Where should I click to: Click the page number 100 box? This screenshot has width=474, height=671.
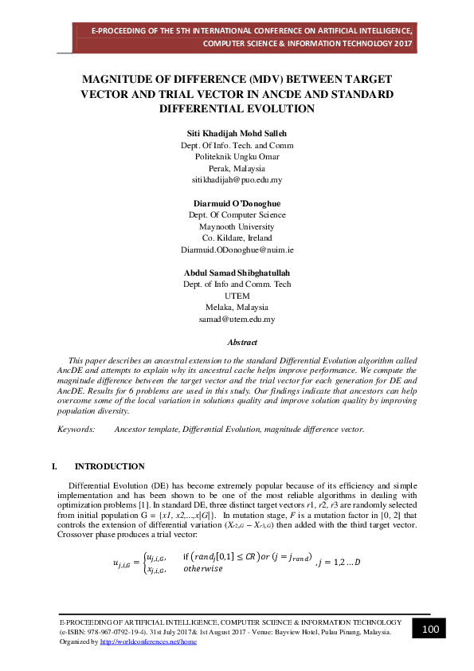[x=431, y=630]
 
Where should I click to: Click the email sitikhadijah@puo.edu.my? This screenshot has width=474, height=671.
[x=237, y=181]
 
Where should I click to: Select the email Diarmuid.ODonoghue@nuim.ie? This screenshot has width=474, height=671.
[x=237, y=249]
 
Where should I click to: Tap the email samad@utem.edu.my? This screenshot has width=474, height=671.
[x=237, y=319]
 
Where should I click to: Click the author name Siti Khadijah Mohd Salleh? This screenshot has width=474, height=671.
[x=237, y=133]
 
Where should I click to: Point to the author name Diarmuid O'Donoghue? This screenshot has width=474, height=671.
[x=237, y=203]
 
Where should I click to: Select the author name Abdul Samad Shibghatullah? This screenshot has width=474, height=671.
[x=237, y=273]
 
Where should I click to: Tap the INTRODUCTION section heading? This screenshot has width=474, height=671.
[x=109, y=466]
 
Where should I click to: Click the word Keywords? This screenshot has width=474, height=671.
[x=75, y=430]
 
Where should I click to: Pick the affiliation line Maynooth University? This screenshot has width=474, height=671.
[x=237, y=226]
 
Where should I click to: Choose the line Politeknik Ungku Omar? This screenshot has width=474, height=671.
[x=237, y=157]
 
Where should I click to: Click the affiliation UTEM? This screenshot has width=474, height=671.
[x=237, y=296]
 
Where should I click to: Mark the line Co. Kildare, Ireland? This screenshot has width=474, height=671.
[x=237, y=237]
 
